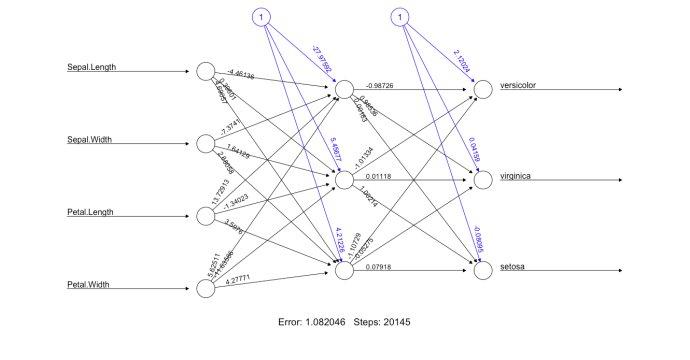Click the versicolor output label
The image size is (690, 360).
tap(518, 85)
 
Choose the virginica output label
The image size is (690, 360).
tap(516, 176)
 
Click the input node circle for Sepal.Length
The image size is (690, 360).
tap(206, 72)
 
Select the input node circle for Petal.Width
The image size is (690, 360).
tap(206, 288)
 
